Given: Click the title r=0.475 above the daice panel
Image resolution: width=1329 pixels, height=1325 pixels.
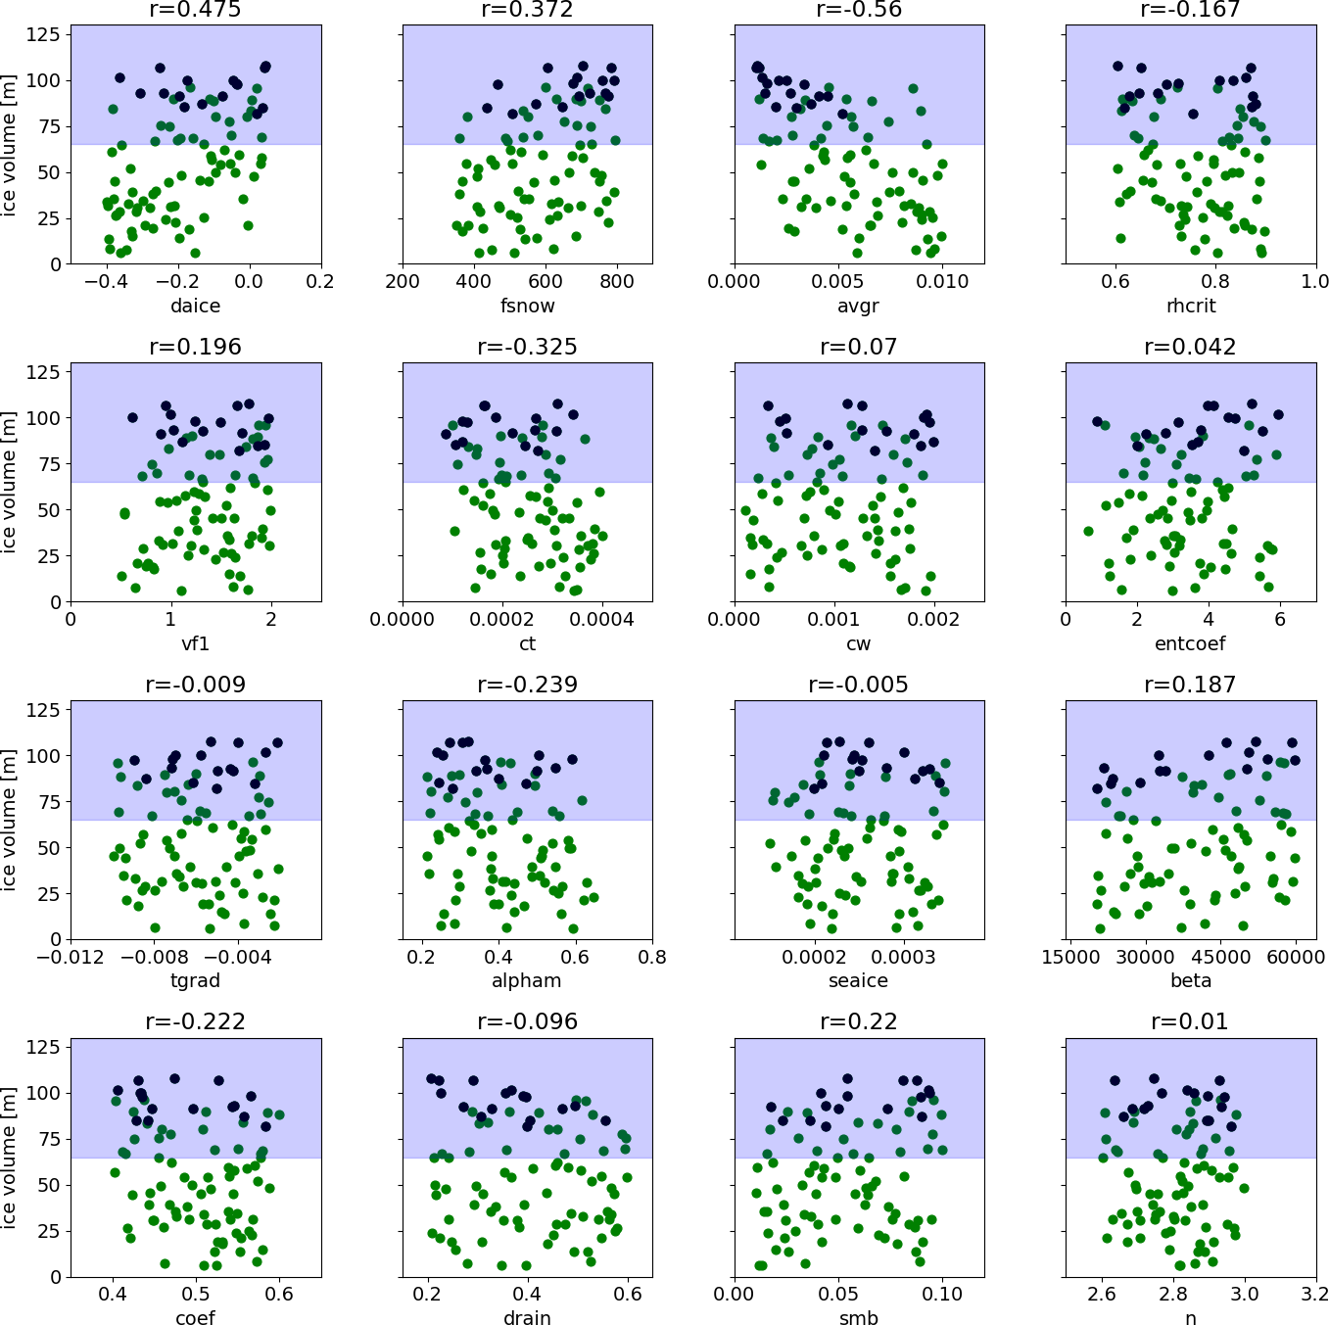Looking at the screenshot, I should click(196, 11).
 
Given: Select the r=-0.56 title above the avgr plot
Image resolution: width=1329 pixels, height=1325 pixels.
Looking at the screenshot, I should click(858, 11).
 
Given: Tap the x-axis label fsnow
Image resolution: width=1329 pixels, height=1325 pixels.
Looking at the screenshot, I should click(527, 306).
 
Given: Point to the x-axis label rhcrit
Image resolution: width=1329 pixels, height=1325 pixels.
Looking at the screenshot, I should click(1190, 306).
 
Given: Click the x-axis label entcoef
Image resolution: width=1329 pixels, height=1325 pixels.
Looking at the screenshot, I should click(1190, 643).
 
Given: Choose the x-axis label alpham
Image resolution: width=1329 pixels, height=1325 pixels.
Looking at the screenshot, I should click(527, 980).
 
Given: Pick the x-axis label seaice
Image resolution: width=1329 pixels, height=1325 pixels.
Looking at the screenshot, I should click(858, 980).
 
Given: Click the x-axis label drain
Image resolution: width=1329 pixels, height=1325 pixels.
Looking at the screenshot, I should click(527, 1318).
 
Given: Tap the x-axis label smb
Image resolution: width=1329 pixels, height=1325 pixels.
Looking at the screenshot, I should click(858, 1318).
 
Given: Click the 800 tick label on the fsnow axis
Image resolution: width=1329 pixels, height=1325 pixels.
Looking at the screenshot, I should click(617, 282).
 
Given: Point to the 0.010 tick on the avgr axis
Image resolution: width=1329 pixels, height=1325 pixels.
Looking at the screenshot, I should click(942, 282).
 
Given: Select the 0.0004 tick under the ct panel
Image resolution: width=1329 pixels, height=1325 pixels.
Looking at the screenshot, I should click(602, 619).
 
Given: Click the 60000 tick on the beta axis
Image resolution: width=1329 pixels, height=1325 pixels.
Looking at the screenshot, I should click(1295, 957).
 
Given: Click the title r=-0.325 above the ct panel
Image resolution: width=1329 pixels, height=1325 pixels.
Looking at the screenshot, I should click(527, 348).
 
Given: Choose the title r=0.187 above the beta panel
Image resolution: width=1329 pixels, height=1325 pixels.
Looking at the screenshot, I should click(1190, 685).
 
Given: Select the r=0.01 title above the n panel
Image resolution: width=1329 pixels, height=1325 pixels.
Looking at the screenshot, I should click(1190, 1022).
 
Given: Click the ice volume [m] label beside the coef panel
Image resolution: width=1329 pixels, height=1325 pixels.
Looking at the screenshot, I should click(10, 1158).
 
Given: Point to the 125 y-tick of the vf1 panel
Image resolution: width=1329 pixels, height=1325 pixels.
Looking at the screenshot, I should click(48, 372).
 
